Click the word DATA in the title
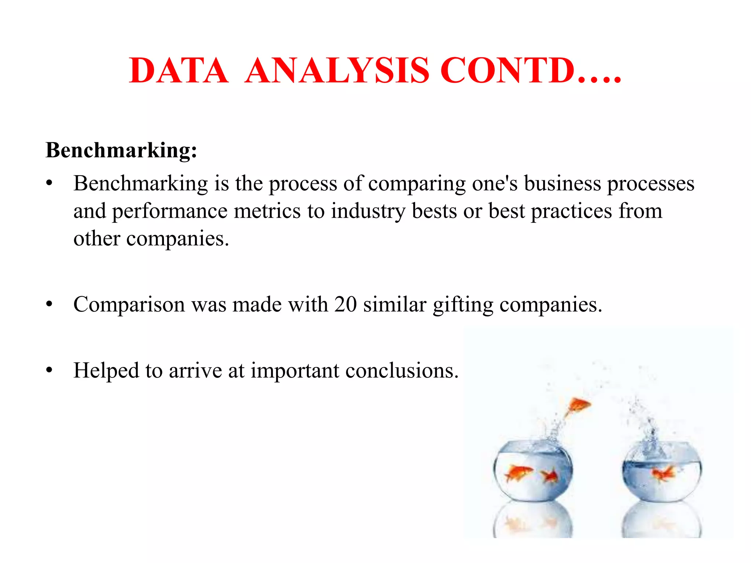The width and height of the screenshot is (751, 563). pyautogui.click(x=179, y=71)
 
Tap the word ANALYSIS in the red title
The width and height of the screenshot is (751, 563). pyautogui.click(x=337, y=71)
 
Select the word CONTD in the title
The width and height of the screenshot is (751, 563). pyautogui.click(x=507, y=71)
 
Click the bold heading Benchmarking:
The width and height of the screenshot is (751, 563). pyautogui.click(x=121, y=150)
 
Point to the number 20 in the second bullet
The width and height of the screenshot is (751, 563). pyautogui.click(x=345, y=304)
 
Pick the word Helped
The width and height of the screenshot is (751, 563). pyautogui.click(x=106, y=371)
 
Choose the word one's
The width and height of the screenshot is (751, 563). pyautogui.click(x=495, y=183)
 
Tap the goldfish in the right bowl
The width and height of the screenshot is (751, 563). pyautogui.click(x=664, y=472)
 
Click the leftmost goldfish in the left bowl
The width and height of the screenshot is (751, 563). pyautogui.click(x=518, y=472)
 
